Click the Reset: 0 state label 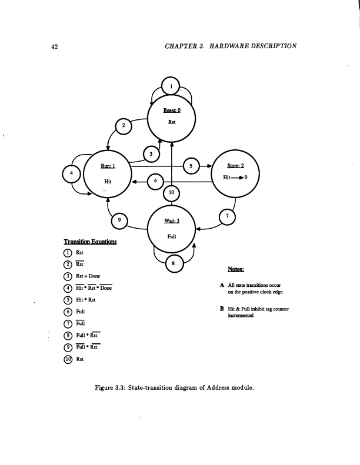pos(172,110)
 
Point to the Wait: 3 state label pos(172,220)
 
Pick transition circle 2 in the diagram pos(123,125)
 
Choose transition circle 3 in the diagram pos(151,155)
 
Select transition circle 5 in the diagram pos(191,166)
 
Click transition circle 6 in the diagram pos(155,181)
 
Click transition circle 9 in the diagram pos(120,220)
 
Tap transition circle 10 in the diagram pos(171,192)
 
